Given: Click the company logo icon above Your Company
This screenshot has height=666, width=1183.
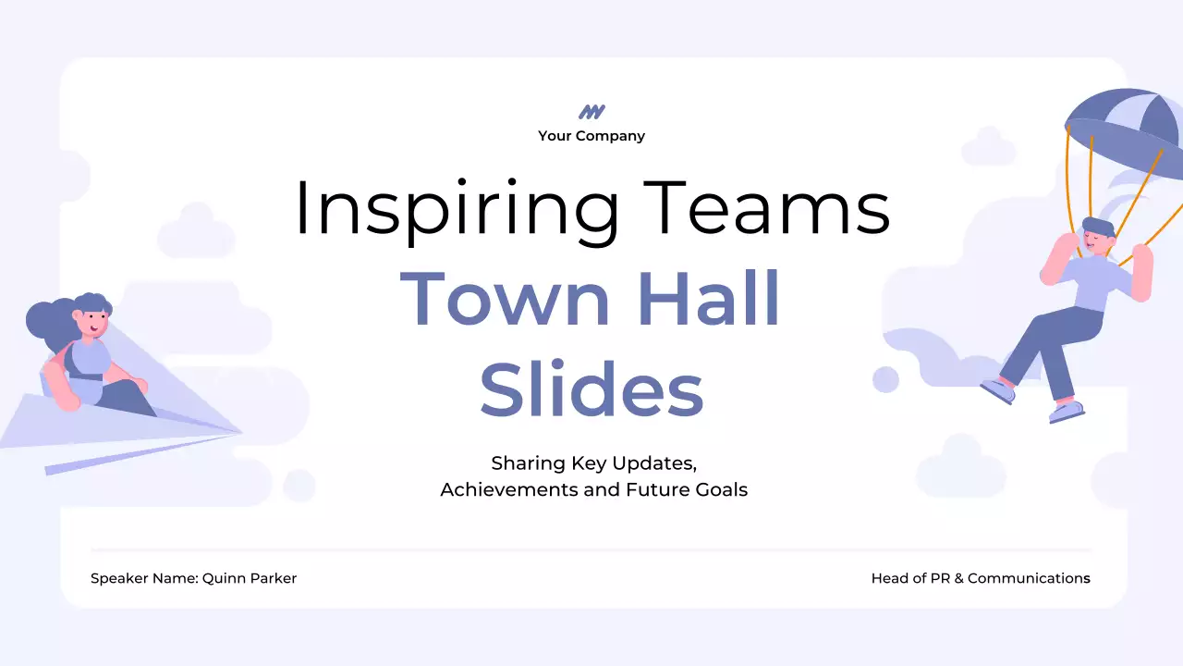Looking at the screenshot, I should (591, 112).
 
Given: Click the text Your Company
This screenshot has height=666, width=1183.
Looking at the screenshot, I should (591, 136).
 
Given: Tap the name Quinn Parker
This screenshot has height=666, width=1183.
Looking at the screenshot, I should (250, 578).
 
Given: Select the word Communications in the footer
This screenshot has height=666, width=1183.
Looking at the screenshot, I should (1029, 578).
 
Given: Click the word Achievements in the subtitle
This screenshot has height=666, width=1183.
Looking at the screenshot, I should (508, 489).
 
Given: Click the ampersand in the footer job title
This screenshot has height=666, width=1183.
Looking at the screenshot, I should (955, 578).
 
